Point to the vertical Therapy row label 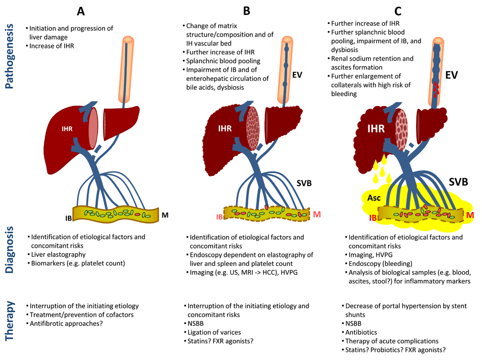[10, 328]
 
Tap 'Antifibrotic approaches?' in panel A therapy [67, 323]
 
